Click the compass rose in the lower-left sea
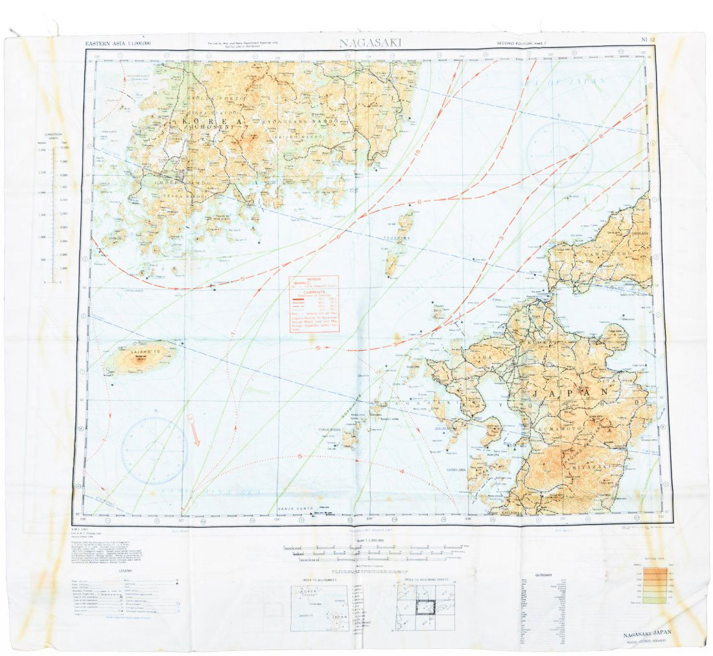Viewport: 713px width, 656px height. [x=154, y=450]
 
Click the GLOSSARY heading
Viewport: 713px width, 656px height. [x=543, y=575]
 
